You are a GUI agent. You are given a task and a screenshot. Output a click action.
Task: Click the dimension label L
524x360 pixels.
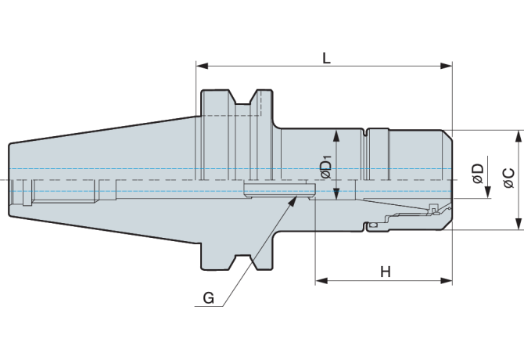325,57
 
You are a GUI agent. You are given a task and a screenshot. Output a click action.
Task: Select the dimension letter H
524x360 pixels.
385,272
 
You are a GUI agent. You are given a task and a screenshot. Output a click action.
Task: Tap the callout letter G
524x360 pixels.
207,298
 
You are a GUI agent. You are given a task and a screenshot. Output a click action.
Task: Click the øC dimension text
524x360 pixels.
508,178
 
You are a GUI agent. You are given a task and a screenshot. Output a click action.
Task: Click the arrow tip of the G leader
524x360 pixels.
296,198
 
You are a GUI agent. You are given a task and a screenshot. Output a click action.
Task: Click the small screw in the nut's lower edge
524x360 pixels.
373,226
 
